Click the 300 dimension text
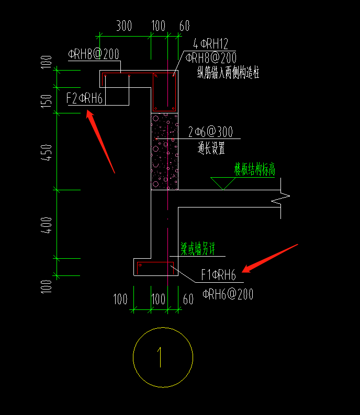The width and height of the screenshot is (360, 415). click(124, 26)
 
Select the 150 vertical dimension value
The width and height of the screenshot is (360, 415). click(46, 101)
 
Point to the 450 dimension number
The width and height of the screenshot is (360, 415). click(46, 153)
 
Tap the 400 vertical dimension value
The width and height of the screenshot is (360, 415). click(46, 225)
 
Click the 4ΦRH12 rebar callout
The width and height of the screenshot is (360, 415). click(210, 44)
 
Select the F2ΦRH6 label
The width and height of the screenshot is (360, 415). click(84, 98)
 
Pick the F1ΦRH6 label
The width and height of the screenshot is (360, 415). click(218, 274)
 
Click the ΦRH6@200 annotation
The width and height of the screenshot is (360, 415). click(228, 294)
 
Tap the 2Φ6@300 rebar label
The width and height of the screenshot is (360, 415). click(210, 132)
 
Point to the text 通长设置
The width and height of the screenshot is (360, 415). click(211, 148)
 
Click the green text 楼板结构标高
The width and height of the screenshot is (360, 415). click(255, 169)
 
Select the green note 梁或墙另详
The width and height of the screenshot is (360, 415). click(198, 249)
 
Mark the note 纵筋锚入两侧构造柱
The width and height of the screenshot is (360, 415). click(228, 73)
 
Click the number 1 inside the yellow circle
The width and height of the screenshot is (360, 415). click(160, 358)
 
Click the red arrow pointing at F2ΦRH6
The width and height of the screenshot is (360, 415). click(100, 142)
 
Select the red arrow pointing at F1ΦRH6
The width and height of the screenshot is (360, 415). click(270, 258)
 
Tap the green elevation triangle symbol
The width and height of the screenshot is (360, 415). click(223, 183)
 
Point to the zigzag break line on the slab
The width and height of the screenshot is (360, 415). click(280, 199)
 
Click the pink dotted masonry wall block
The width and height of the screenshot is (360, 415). click(164, 152)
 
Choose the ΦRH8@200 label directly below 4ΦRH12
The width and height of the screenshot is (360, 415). click(211, 57)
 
